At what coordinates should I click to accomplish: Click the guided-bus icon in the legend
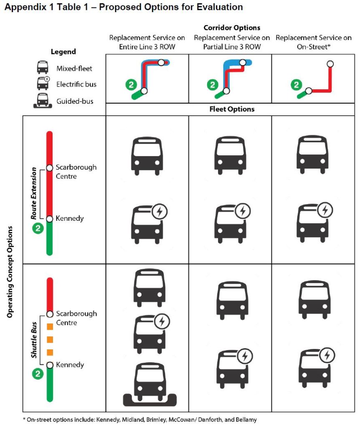[x=42, y=101]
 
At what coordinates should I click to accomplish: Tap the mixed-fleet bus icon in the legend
[x=42, y=67]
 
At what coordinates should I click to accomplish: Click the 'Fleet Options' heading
[x=231, y=109]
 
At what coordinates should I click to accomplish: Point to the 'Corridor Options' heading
[x=231, y=28]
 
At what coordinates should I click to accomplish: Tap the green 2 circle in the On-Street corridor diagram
[x=296, y=85]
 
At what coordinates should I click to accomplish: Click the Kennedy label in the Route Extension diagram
[x=70, y=218]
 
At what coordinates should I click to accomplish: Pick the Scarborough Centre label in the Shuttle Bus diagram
[x=76, y=318]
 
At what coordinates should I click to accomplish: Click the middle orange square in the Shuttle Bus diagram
[x=50, y=339]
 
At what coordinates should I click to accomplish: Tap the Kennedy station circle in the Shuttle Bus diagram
[x=50, y=365]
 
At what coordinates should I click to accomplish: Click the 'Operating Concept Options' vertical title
[x=10, y=273]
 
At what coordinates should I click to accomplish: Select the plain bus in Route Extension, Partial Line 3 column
[x=231, y=154]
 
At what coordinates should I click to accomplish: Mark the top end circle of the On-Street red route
[x=330, y=64]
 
